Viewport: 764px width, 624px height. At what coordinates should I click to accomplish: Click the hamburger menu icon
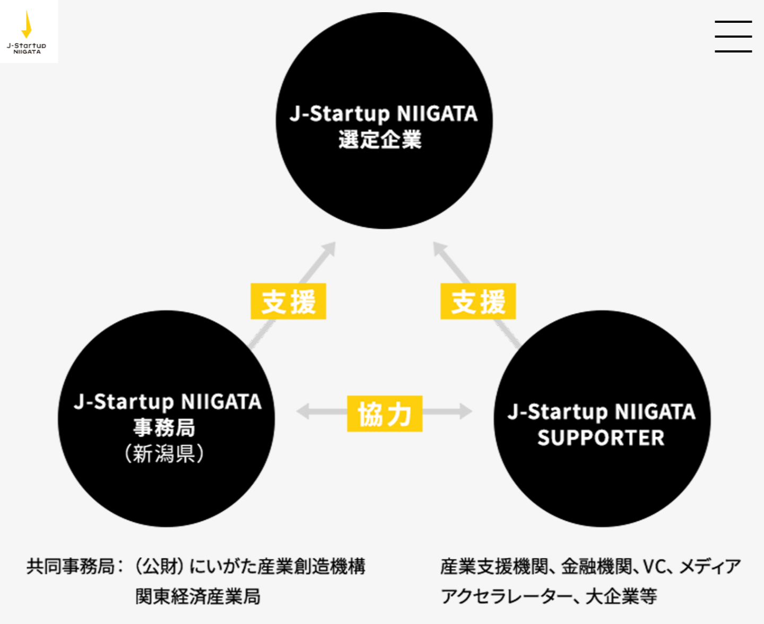(733, 37)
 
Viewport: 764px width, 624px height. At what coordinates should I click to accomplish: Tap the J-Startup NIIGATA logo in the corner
(27, 32)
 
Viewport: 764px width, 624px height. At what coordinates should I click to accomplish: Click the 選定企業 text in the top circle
(380, 140)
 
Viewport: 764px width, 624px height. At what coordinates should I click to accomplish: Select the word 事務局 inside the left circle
(164, 427)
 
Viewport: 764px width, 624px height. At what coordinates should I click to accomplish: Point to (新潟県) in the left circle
(164, 454)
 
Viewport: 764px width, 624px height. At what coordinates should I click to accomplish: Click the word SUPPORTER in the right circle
(601, 438)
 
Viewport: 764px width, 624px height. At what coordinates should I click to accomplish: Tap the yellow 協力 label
(385, 414)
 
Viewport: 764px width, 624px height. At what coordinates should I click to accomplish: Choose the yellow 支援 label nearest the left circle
(288, 301)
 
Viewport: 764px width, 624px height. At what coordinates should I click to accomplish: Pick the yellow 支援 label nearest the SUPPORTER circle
(478, 301)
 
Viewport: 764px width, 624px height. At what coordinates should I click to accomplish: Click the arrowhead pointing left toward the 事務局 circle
(303, 411)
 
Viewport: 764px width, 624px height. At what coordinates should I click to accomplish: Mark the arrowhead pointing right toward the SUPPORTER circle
(466, 411)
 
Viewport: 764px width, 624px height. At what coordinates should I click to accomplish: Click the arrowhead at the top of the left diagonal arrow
(329, 248)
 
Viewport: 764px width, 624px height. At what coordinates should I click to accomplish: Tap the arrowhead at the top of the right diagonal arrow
(439, 248)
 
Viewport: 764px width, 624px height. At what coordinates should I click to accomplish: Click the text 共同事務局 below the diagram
(71, 566)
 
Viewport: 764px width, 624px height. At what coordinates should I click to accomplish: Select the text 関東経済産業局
(198, 596)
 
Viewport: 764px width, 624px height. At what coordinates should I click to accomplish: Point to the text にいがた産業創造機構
(277, 566)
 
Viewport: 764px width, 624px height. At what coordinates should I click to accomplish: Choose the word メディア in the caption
(710, 566)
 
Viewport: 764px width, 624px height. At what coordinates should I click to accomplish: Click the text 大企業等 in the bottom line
(621, 596)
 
